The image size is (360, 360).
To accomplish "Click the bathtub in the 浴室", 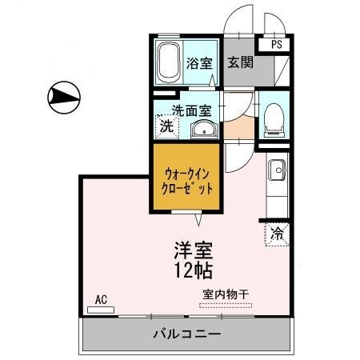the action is tap(168, 62).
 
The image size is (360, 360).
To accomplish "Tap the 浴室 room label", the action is tap(199, 63).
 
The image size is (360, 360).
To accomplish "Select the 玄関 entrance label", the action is tap(240, 62).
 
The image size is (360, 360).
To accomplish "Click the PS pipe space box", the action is tap(274, 44).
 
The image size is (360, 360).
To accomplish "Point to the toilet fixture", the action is tap(274, 120).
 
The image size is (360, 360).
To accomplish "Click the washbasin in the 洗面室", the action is tap(204, 130).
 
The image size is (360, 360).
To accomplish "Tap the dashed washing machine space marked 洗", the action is tap(167, 126).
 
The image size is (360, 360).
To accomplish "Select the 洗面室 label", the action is tap(192, 110).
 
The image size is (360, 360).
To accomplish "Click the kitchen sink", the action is tap(277, 170).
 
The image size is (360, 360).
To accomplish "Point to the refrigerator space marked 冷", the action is tap(277, 234).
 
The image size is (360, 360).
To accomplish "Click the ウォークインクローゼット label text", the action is tap(187, 182).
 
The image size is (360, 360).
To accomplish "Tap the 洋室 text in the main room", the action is tap(194, 250).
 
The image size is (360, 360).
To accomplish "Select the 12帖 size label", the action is tap(194, 270).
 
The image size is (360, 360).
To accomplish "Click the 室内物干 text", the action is tap(226, 294).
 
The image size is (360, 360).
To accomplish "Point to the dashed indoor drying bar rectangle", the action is tap(226, 306).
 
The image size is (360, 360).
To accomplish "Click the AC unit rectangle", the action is tap(101, 310).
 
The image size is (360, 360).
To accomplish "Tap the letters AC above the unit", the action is tap(101, 300).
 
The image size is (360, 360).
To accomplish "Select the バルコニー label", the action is tap(187, 334).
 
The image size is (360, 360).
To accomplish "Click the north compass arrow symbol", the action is tap(64, 98).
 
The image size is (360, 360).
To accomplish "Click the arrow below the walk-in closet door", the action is tap(198, 220).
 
